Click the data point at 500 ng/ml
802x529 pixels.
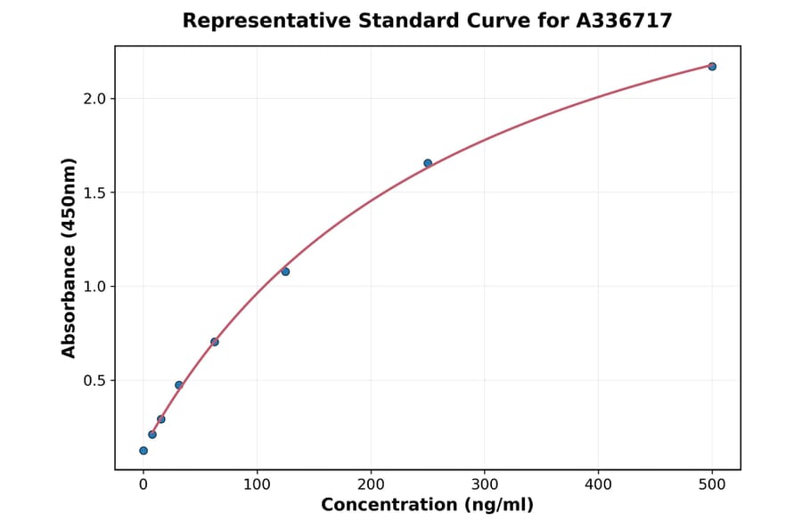[712, 66]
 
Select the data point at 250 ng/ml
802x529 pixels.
[428, 163]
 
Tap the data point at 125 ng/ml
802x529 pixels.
[285, 272]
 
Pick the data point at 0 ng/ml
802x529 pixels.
[143, 451]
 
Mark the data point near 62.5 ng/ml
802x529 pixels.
[215, 341]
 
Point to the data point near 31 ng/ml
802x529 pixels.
[179, 385]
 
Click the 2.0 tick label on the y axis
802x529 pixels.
[94, 99]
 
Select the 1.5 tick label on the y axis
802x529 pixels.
[94, 192]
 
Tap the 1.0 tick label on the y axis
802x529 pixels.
[94, 287]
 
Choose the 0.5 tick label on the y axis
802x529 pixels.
[94, 380]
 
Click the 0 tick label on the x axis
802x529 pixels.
[143, 484]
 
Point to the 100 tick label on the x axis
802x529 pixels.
[257, 484]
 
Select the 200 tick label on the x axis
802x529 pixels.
[371, 484]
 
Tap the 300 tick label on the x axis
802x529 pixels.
[485, 484]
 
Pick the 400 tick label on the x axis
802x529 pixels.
[598, 484]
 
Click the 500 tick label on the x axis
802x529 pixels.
[712, 484]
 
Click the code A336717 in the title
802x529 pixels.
[624, 20]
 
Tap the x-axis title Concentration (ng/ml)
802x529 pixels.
[427, 505]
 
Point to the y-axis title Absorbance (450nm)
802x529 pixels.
[69, 257]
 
